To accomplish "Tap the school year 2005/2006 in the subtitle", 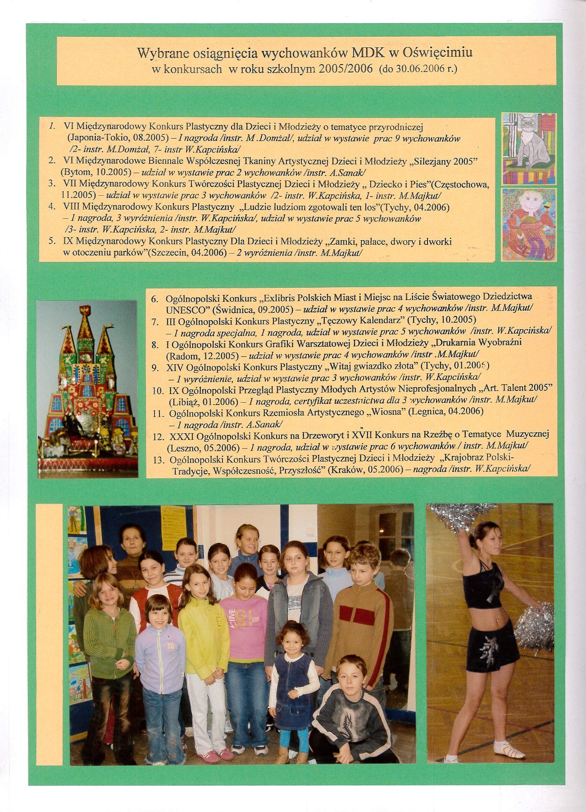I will (345, 69).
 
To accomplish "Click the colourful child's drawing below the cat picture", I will (529, 224).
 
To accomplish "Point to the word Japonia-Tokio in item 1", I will (94, 138).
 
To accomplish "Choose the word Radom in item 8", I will (182, 355).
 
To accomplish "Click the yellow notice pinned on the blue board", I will (173, 528).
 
